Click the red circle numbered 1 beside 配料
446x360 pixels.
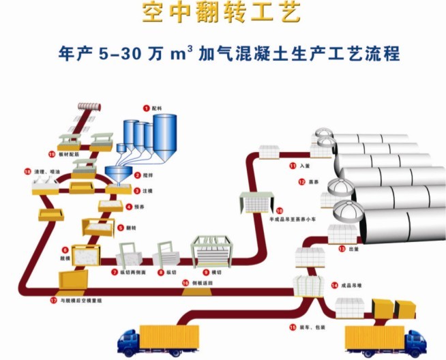[145, 107]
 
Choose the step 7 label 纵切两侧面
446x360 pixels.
[128, 272]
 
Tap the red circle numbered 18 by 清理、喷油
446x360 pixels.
[27, 172]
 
